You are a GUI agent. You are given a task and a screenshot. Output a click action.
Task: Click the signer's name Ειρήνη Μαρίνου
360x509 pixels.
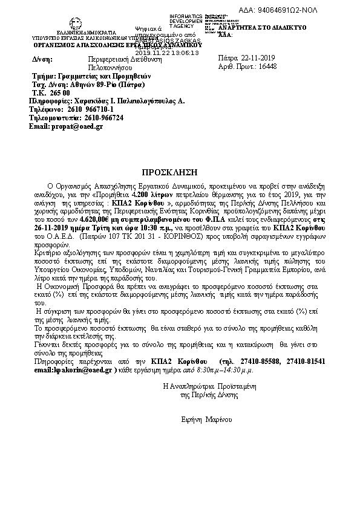[206, 419]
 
